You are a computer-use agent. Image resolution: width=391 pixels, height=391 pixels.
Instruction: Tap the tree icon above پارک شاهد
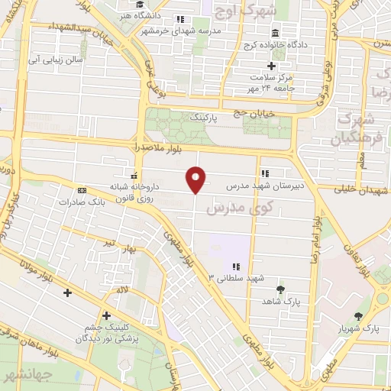pos(282,289)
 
